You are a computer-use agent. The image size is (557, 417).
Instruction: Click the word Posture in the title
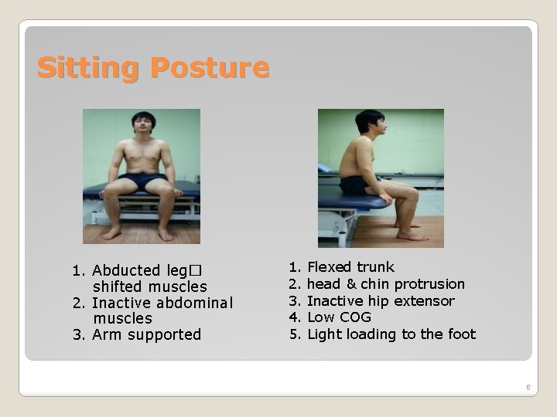point(210,68)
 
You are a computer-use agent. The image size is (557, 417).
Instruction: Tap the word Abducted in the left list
point(126,270)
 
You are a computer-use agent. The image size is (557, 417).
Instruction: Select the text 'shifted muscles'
point(150,286)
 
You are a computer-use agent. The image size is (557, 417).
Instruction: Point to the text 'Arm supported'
point(146,334)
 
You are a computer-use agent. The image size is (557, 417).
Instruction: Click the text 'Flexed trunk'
point(350,267)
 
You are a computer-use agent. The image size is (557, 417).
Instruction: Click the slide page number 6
point(528,387)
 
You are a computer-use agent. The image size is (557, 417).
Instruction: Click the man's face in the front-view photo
point(143,127)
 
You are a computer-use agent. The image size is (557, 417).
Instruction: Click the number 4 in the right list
point(293,317)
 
